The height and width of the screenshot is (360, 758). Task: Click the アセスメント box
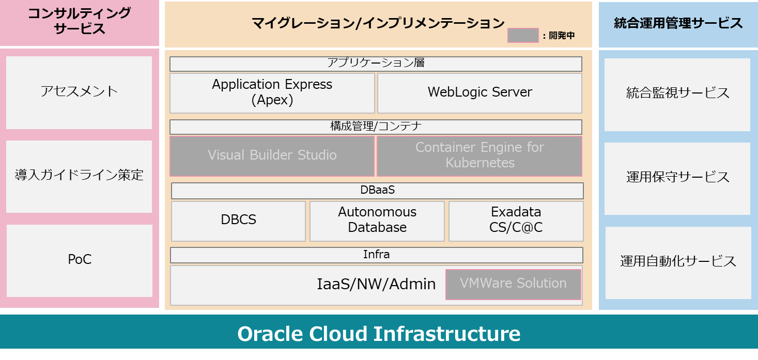pyautogui.click(x=79, y=92)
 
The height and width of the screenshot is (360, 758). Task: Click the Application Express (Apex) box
pyautogui.click(x=272, y=93)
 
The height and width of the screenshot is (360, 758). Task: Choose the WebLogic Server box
pyautogui.click(x=479, y=93)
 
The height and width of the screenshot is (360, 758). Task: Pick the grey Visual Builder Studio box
pyautogui.click(x=272, y=156)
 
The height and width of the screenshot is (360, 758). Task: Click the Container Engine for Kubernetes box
pyautogui.click(x=479, y=156)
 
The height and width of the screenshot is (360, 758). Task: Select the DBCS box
pyautogui.click(x=238, y=221)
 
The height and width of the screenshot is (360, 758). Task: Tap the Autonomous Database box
pyautogui.click(x=377, y=221)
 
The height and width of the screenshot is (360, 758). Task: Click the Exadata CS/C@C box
pyautogui.click(x=516, y=221)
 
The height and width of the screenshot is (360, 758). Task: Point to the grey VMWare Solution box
pyautogui.click(x=513, y=284)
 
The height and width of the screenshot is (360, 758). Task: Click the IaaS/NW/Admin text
pyautogui.click(x=376, y=284)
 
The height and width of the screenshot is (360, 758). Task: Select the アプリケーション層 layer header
pyautogui.click(x=376, y=64)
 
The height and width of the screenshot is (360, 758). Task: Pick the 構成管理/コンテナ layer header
pyautogui.click(x=376, y=127)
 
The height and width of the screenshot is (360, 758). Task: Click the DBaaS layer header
pyautogui.click(x=377, y=191)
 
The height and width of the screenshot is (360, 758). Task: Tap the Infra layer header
pyautogui.click(x=376, y=255)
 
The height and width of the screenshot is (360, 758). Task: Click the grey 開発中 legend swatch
pyautogui.click(x=523, y=35)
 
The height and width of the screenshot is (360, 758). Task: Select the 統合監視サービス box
pyautogui.click(x=677, y=94)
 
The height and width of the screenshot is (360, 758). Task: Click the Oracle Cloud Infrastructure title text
pyautogui.click(x=379, y=334)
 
